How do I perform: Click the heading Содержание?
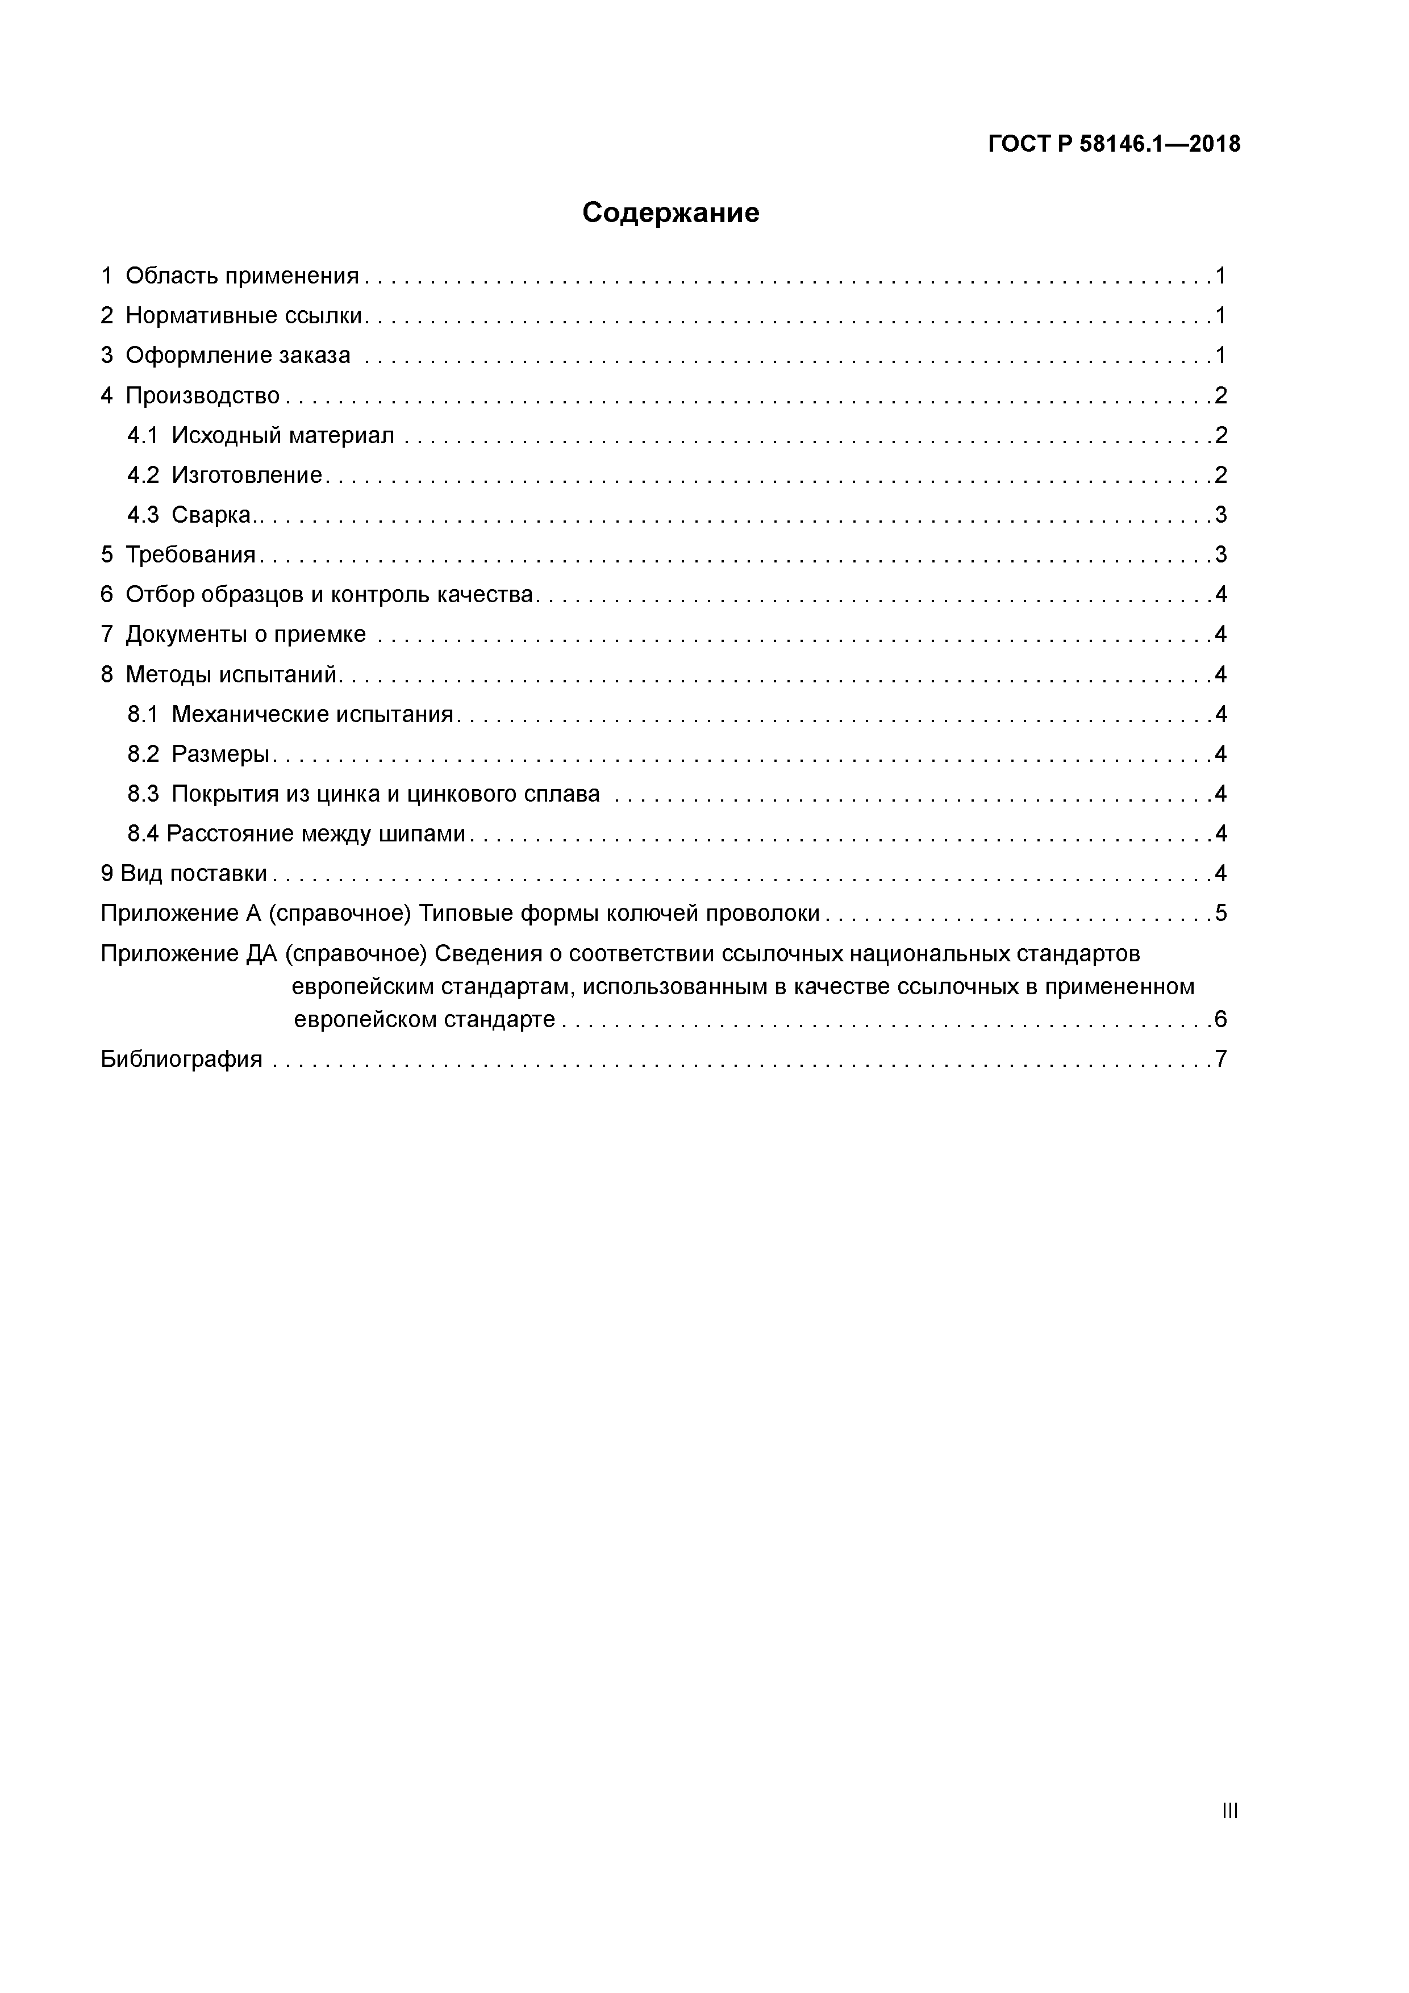[x=670, y=212]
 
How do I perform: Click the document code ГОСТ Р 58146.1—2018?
[x=1114, y=144]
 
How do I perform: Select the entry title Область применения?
[x=242, y=276]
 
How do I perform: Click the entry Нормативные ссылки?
[x=244, y=316]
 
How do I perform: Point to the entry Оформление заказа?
[x=238, y=356]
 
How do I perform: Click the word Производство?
[x=202, y=396]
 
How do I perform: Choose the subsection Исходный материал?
[x=283, y=436]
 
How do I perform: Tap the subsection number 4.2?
[x=143, y=476]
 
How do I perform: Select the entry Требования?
[x=190, y=554]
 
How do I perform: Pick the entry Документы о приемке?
[x=245, y=635]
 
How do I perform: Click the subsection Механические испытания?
[x=312, y=714]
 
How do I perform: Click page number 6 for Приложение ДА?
[x=1220, y=1019]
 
